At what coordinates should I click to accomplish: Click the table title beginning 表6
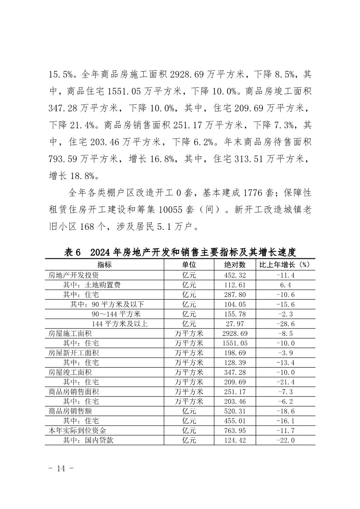(180, 252)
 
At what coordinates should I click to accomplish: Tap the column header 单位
(189, 265)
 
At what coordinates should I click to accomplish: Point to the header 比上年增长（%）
(284, 265)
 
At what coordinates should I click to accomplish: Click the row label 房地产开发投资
(74, 275)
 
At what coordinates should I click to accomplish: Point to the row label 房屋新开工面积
(74, 353)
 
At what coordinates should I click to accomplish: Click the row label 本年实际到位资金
(78, 431)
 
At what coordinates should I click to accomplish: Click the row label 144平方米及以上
(120, 324)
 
